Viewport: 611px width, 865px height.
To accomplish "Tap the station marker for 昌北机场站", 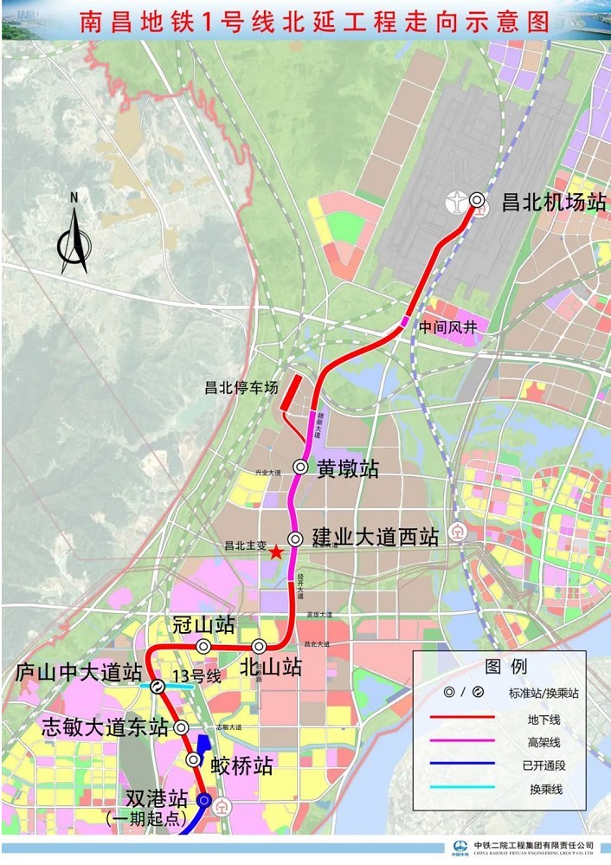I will pyautogui.click(x=477, y=200).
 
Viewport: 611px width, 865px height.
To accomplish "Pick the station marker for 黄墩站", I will pyautogui.click(x=299, y=466).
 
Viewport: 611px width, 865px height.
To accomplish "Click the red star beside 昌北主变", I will pyautogui.click(x=275, y=552).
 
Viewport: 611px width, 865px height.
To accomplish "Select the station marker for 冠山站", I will pyautogui.click(x=203, y=646).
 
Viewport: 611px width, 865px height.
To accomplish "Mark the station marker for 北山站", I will pyautogui.click(x=259, y=646).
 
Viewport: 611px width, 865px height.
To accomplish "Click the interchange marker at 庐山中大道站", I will pyautogui.click(x=158, y=687).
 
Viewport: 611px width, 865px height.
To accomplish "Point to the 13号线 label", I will pyautogui.click(x=196, y=675).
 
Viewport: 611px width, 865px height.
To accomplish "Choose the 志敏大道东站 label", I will pyautogui.click(x=105, y=727).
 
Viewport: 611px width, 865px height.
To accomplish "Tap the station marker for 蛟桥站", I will pyautogui.click(x=194, y=759).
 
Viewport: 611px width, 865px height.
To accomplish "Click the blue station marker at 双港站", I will pyautogui.click(x=204, y=800).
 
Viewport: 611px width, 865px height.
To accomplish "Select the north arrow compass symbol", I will pyautogui.click(x=74, y=238).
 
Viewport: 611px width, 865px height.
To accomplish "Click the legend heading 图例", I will pyautogui.click(x=506, y=667).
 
